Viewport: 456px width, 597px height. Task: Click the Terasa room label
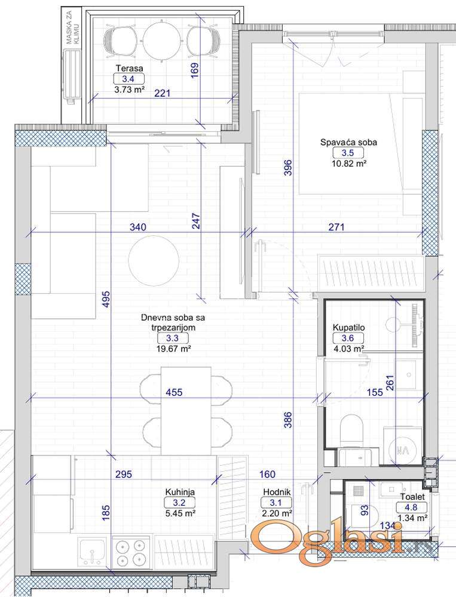tap(130, 69)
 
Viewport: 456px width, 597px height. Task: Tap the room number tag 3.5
tap(347, 153)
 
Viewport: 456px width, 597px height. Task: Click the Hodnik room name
tap(277, 492)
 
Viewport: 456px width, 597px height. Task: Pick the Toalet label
tap(412, 497)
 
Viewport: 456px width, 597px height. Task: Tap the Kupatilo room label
tap(349, 327)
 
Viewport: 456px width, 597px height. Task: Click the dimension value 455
tap(175, 392)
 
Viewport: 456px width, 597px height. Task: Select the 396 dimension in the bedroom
tap(288, 168)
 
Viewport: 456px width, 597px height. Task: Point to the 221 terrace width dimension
tap(163, 93)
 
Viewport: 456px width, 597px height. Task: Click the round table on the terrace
tap(163, 40)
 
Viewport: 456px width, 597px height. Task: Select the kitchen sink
tap(92, 552)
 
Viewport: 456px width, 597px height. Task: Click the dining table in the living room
tap(186, 411)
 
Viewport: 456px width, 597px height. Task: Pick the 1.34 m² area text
tap(412, 518)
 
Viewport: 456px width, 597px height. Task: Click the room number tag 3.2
tap(179, 503)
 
